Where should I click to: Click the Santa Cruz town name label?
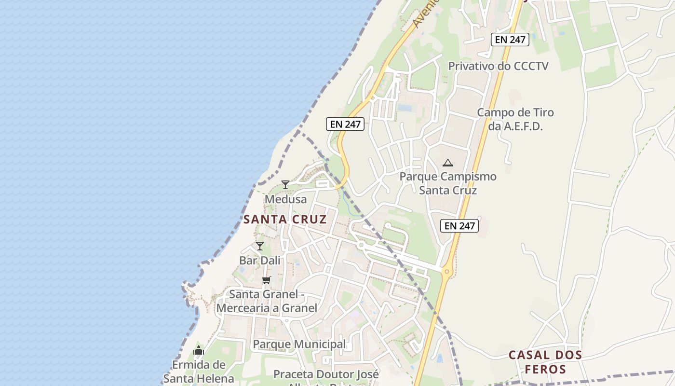pos(285,220)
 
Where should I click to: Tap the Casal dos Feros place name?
pos(545,362)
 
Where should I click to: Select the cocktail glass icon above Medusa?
pos(285,184)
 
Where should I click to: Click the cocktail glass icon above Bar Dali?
pos(260,246)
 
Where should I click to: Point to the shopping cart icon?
pos(266,280)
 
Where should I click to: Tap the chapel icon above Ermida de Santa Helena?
pos(199,351)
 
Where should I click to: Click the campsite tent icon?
pos(448,163)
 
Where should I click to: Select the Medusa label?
pos(285,199)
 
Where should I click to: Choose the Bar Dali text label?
pos(260,261)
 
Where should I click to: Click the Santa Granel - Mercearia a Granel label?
pos(267,301)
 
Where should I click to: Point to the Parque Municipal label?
pos(299,344)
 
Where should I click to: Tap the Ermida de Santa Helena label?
pos(199,372)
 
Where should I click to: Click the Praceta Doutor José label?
pos(326,374)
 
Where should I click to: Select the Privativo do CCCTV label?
pos(499,66)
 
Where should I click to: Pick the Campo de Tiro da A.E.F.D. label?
pos(515,119)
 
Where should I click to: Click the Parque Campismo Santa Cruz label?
pos(448,183)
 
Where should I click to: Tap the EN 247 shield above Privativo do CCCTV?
pos(510,40)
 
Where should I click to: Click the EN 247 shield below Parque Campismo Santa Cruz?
pos(459,225)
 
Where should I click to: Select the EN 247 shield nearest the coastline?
pos(345,124)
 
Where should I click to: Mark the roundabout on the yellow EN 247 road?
pos(447,272)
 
